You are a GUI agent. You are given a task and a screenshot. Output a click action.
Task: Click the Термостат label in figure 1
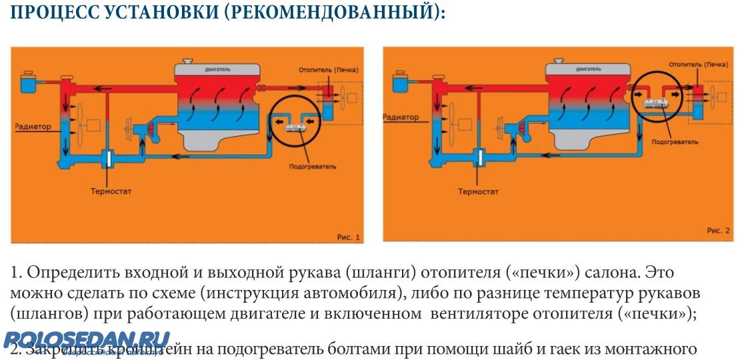point(111,191)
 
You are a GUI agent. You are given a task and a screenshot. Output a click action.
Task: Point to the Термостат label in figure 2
point(479,191)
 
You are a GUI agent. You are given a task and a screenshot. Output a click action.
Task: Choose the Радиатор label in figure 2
point(401,117)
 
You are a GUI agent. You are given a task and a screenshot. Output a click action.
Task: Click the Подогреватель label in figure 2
point(675,142)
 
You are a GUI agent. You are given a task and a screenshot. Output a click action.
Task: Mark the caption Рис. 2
point(718,230)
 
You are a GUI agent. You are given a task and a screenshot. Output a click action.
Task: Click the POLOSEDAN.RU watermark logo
point(87,341)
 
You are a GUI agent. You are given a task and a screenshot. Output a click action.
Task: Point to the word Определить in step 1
point(64,274)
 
